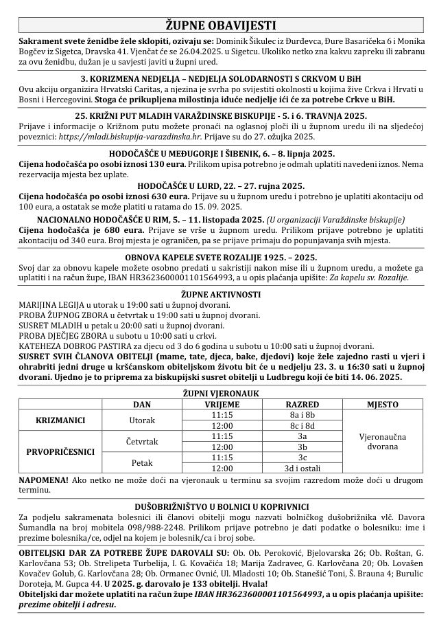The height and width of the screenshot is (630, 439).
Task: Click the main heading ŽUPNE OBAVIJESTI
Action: [x=219, y=25]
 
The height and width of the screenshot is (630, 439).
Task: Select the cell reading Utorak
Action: [x=141, y=420]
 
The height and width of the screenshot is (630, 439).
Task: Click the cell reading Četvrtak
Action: [x=141, y=441]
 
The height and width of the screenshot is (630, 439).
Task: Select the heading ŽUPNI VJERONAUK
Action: [x=219, y=394]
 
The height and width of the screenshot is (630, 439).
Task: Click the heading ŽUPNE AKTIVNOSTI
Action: [x=219, y=293]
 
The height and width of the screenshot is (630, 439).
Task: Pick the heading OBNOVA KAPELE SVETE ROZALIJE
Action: [x=219, y=256]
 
